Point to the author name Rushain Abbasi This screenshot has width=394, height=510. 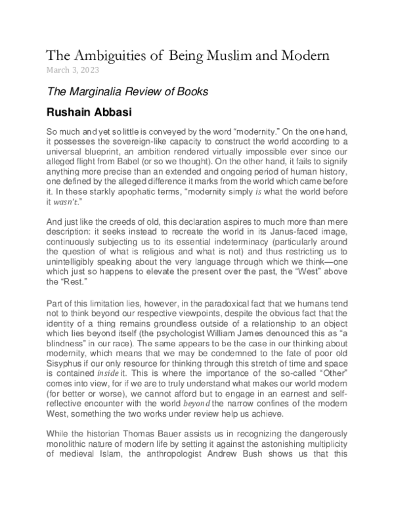coord(90,112)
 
